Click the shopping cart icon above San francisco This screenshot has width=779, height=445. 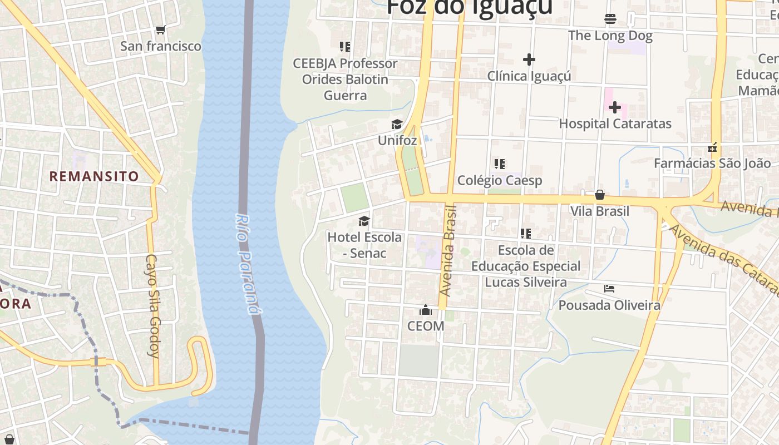pyautogui.click(x=160, y=29)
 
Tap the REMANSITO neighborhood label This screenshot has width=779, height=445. pyautogui.click(x=94, y=176)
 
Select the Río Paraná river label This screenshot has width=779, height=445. pyautogui.click(x=248, y=264)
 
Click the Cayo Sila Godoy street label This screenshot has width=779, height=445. pyautogui.click(x=154, y=305)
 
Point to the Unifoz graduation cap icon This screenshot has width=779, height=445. pyautogui.click(x=397, y=124)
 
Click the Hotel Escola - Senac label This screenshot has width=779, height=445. pyautogui.click(x=364, y=245)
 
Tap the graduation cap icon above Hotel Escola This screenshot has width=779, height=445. pyautogui.click(x=364, y=221)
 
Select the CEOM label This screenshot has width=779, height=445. pyautogui.click(x=426, y=326)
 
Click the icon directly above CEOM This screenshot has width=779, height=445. pyautogui.click(x=426, y=310)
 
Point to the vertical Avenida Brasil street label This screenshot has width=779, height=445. pyautogui.click(x=448, y=250)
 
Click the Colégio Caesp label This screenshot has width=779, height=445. pyautogui.click(x=499, y=180)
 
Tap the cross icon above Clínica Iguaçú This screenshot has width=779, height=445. pyautogui.click(x=529, y=59)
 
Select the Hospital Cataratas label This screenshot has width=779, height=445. pyautogui.click(x=615, y=123)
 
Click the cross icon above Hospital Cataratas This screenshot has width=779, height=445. pyautogui.click(x=614, y=107)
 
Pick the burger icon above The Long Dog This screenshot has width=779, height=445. pyautogui.click(x=610, y=19)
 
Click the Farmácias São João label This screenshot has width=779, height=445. pyautogui.click(x=712, y=163)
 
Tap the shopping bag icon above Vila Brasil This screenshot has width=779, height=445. pyautogui.click(x=599, y=195)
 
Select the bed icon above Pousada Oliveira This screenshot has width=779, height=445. pyautogui.click(x=609, y=289)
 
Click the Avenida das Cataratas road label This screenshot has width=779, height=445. pyautogui.click(x=723, y=259)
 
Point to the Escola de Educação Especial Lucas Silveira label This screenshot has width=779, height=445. pyautogui.click(x=526, y=266)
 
